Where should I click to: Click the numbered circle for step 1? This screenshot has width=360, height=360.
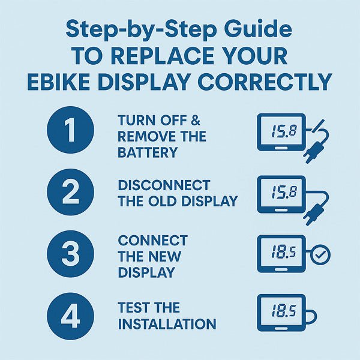[x=70, y=130]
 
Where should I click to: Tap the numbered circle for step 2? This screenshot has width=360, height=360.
[x=70, y=193]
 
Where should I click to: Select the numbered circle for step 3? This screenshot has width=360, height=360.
[x=70, y=254]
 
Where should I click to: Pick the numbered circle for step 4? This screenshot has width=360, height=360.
[x=70, y=316]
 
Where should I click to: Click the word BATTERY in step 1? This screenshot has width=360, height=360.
[x=148, y=152]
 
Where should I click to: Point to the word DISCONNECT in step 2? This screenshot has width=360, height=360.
[x=164, y=185]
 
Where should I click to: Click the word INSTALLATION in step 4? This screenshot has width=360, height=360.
[x=167, y=324]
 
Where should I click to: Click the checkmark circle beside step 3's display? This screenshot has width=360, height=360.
[x=320, y=255]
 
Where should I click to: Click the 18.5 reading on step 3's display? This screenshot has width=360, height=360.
[x=281, y=253]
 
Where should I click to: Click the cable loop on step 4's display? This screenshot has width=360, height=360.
[x=312, y=316]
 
